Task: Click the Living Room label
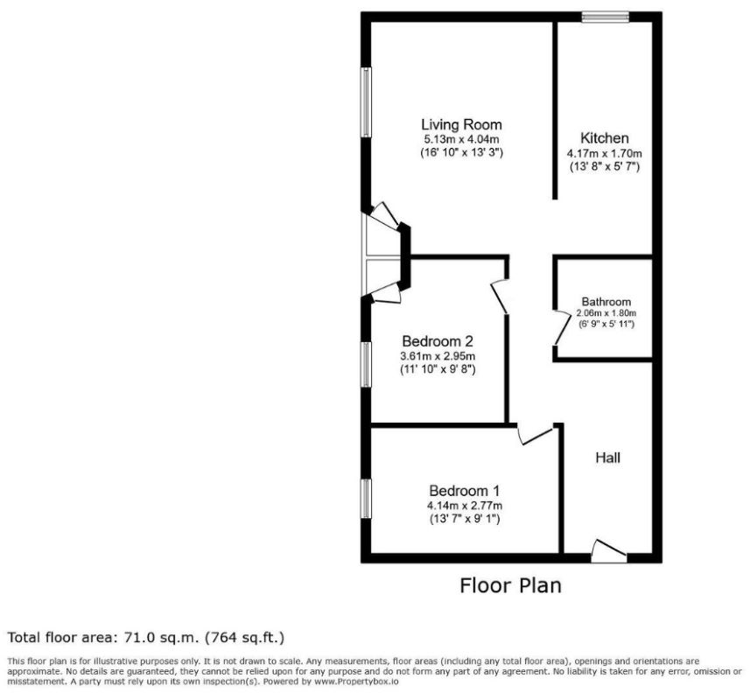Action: [x=461, y=125]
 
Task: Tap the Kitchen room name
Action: [x=605, y=138]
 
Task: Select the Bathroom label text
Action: [x=606, y=302]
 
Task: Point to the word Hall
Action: [x=608, y=458]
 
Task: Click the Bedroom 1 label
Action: [x=465, y=491]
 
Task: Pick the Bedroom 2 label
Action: [x=438, y=341]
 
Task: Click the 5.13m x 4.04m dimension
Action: [x=461, y=140]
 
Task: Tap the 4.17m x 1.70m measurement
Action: [x=605, y=153]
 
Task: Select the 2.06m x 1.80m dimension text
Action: [x=606, y=313]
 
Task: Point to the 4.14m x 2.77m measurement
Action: [x=465, y=506]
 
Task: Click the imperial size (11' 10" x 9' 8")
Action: [x=438, y=369]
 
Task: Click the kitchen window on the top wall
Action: [x=605, y=17]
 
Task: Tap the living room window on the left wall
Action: [x=366, y=102]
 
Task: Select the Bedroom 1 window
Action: [x=366, y=498]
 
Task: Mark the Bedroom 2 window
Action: [x=366, y=364]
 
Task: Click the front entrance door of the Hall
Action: [x=609, y=551]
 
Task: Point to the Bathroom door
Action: [x=559, y=328]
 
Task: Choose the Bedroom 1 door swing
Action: [x=535, y=435]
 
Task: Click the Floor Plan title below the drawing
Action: [x=511, y=585]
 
